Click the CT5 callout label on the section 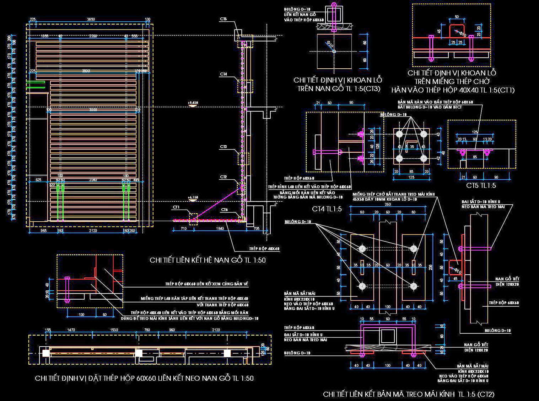(223, 19)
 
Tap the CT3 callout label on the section (223, 147)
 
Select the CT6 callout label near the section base (224, 210)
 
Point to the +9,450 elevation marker (193, 103)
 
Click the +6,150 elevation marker (193, 197)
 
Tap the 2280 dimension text (93, 36)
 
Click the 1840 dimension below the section (220, 228)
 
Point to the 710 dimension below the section (184, 228)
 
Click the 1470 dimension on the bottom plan (71, 330)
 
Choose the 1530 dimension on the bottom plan (114, 330)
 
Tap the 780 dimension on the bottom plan (147, 330)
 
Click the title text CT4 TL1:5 (327, 209)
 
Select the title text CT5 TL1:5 (481, 185)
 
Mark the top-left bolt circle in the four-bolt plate (400, 134)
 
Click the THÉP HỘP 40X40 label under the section (264, 249)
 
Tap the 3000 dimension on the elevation (93, 110)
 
